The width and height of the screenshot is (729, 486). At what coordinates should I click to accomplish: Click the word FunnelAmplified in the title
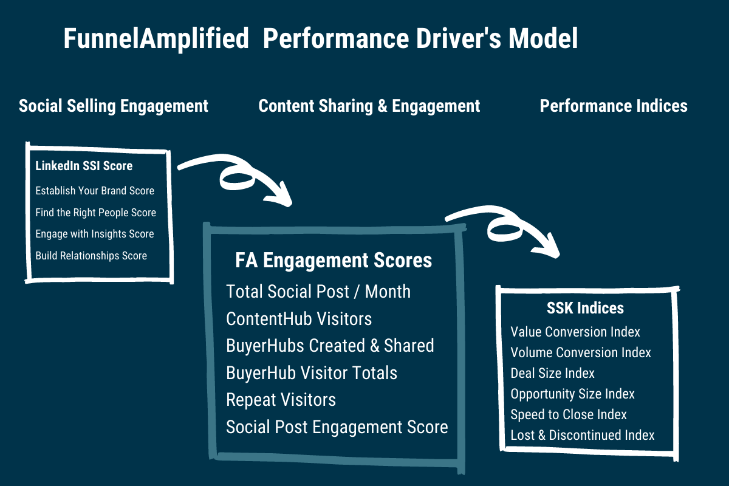click(156, 39)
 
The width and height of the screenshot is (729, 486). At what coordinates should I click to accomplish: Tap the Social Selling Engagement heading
click(113, 106)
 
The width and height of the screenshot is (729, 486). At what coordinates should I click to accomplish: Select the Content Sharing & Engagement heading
click(369, 106)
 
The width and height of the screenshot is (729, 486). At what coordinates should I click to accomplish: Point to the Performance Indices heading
click(614, 106)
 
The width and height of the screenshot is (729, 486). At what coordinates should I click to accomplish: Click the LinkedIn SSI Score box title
click(84, 166)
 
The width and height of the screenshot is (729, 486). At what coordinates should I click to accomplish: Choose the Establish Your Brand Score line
click(95, 190)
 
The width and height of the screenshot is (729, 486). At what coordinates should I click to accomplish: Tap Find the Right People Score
click(96, 213)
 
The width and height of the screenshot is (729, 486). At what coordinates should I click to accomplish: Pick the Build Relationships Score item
click(91, 256)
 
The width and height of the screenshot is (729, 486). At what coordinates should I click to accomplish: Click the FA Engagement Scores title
click(334, 261)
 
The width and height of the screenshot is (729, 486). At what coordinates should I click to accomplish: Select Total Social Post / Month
click(318, 292)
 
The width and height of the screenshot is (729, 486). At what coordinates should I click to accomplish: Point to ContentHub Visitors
click(299, 319)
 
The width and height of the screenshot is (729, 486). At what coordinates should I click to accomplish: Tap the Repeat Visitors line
click(281, 400)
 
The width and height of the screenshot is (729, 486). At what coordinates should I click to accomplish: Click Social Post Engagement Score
click(337, 427)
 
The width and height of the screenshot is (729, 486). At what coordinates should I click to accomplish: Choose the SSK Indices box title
click(585, 308)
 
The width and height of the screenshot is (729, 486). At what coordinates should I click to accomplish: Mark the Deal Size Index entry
click(552, 374)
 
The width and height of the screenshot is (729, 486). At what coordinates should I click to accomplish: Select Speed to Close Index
click(569, 415)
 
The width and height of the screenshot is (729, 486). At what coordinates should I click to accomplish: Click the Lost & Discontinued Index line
click(582, 435)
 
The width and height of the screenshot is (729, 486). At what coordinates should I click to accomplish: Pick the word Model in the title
click(543, 39)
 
